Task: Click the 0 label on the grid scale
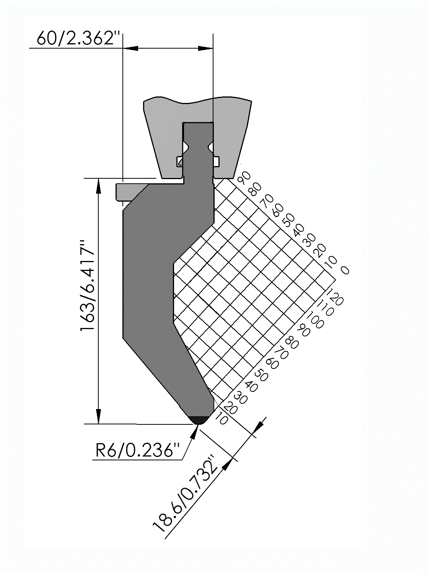pyautogui.click(x=345, y=270)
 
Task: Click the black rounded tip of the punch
pyautogui.click(x=199, y=421)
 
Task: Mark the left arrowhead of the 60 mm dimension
pyautogui.click(x=130, y=48)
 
